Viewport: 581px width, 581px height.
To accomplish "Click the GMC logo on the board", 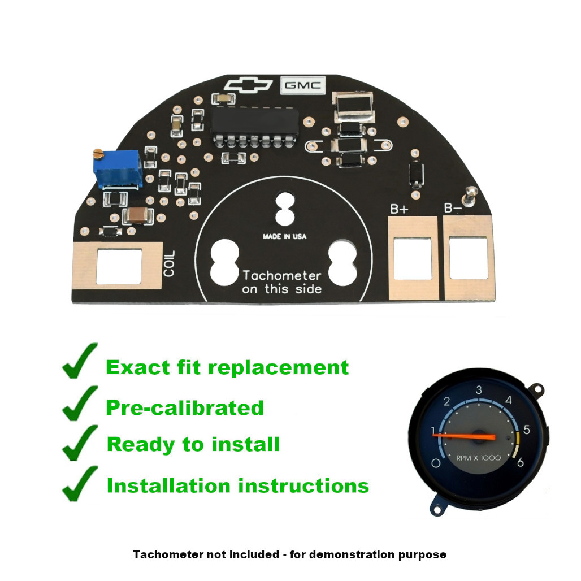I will (303, 85).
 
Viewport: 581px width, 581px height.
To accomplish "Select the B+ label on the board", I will (399, 209).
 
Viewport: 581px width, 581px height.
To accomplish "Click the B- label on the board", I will (453, 209).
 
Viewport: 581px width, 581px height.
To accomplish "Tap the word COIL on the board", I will (170, 263).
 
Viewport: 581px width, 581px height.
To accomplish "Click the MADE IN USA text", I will (285, 237).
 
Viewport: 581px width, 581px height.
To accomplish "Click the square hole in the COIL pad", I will (119, 267).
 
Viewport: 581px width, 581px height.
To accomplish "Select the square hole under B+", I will (413, 259).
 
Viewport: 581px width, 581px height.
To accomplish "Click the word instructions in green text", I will (303, 485).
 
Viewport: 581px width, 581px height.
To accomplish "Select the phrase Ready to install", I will (193, 444).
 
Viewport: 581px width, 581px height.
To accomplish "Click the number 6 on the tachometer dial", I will (520, 463).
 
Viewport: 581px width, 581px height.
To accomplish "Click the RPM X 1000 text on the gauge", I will (478, 458).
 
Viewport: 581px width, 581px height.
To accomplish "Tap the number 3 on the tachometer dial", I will (479, 390).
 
